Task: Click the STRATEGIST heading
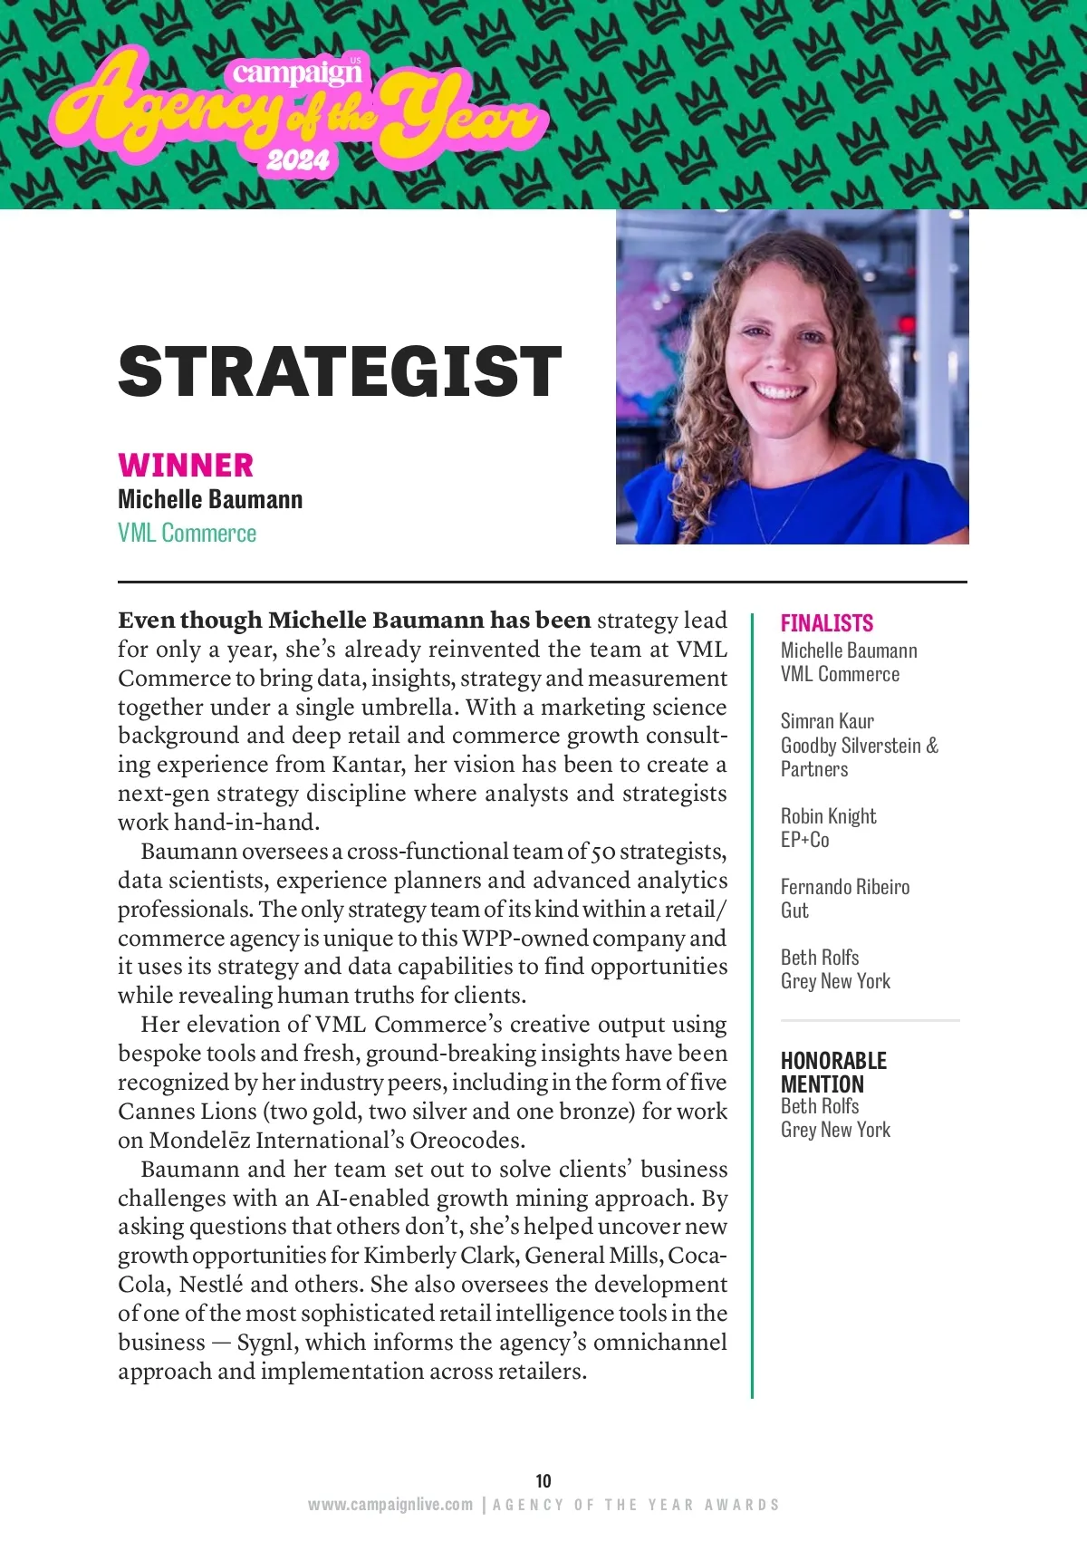point(340,371)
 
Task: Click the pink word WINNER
point(186,465)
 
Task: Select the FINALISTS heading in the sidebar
point(826,623)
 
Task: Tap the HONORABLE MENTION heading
point(832,1072)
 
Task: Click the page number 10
point(543,1480)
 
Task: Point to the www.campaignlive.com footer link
point(390,1505)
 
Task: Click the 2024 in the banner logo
point(297,160)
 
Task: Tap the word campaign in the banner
point(295,72)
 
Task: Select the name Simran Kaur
point(827,721)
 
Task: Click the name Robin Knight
point(828,816)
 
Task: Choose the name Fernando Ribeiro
point(844,887)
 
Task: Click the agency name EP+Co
point(804,840)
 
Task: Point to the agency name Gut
point(794,910)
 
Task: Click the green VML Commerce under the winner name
point(187,533)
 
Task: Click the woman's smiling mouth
point(779,391)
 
